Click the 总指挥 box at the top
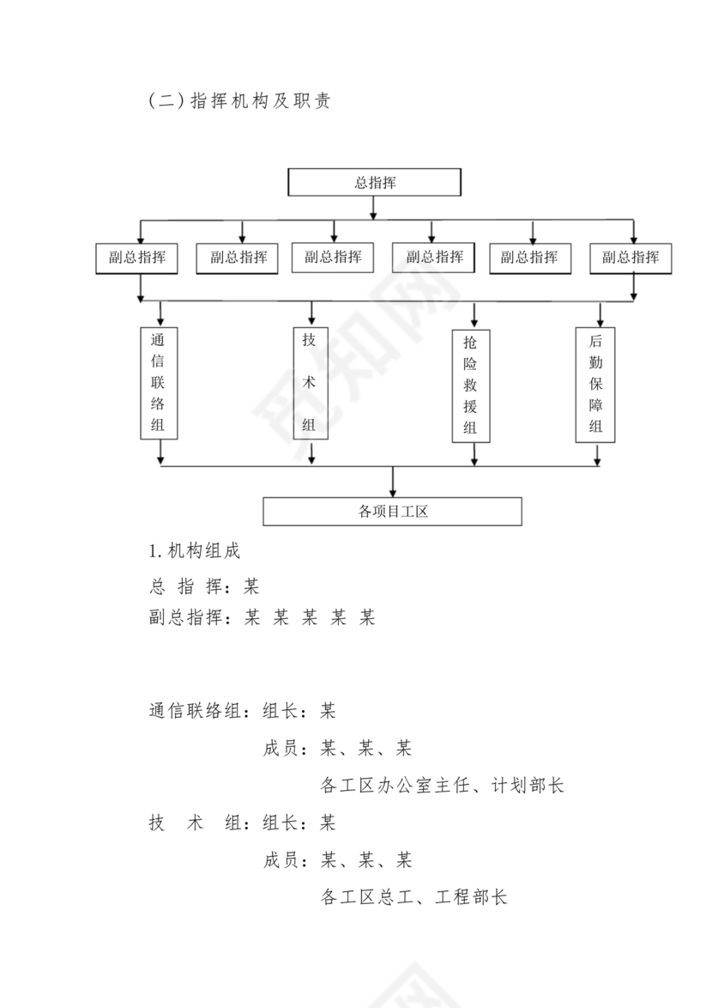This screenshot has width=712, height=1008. (x=374, y=182)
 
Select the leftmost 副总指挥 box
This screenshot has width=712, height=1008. (x=137, y=258)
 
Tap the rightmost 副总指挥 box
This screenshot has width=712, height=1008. (x=631, y=258)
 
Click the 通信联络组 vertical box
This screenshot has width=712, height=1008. (x=159, y=382)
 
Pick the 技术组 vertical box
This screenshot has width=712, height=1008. (x=310, y=382)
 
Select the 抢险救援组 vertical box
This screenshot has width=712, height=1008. (x=471, y=386)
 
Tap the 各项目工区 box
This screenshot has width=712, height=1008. (x=392, y=512)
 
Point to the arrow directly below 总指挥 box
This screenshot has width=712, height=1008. (x=373, y=209)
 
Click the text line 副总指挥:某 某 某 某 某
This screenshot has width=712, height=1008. (x=262, y=617)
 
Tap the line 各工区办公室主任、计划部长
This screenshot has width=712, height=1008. (x=442, y=786)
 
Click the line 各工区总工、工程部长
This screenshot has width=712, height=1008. (x=413, y=897)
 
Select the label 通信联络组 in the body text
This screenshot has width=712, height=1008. (x=194, y=711)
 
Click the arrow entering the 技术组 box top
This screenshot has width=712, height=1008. (x=311, y=313)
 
